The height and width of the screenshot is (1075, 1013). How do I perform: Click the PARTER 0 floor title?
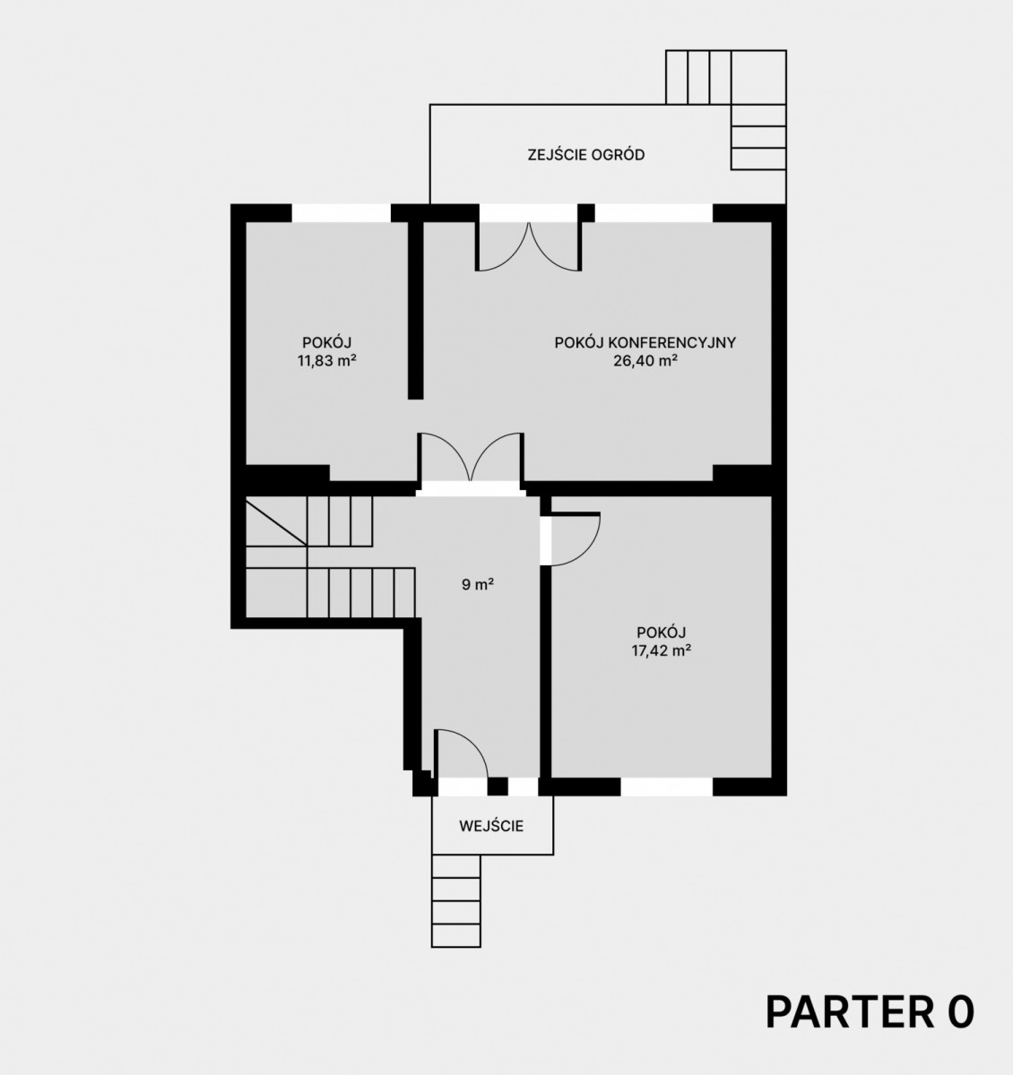(x=870, y=1012)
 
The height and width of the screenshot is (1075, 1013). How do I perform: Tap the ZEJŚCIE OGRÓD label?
(x=586, y=155)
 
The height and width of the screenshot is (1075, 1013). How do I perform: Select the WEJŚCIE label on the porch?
(x=491, y=826)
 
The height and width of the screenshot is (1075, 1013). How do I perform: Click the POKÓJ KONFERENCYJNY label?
(x=645, y=342)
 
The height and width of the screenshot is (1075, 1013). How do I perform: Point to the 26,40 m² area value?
(x=645, y=360)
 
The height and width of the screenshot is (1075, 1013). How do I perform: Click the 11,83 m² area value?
(x=326, y=360)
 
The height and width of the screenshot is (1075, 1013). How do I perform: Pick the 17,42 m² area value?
(x=661, y=650)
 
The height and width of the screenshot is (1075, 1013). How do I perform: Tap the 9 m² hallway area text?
(x=478, y=585)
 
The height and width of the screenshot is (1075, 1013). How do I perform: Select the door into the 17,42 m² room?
(x=576, y=539)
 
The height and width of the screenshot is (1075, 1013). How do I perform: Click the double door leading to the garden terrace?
(x=529, y=246)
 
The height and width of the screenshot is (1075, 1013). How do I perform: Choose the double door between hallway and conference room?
(x=471, y=458)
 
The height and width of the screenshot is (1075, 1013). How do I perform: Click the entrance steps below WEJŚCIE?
(x=456, y=900)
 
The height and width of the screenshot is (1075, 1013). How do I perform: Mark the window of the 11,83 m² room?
(x=342, y=212)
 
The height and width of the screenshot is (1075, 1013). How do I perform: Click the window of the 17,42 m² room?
(x=666, y=787)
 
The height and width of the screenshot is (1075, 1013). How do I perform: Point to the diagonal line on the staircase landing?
(x=276, y=523)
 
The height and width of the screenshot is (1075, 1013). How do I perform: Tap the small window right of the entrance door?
(x=523, y=787)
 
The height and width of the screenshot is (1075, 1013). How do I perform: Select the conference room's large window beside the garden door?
(x=654, y=212)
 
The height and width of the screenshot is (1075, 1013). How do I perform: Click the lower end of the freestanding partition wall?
(x=415, y=399)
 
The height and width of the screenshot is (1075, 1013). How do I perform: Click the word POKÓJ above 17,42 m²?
(x=661, y=632)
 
